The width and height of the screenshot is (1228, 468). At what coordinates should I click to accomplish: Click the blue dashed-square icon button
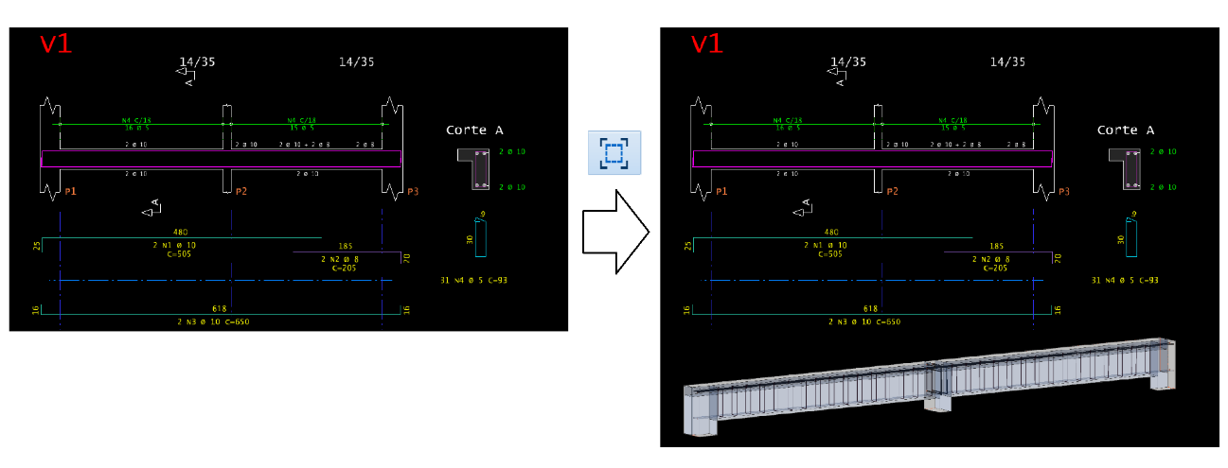tap(614, 152)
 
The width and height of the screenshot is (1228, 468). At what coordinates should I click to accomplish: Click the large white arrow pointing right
tap(615, 232)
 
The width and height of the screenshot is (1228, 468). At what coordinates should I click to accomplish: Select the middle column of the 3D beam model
tap(936, 389)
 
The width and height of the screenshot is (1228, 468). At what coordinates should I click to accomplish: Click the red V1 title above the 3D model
tap(713, 43)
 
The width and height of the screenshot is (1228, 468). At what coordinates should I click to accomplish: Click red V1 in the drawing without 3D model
tap(56, 44)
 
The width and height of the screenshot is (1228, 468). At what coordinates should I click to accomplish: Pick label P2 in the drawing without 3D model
tap(241, 192)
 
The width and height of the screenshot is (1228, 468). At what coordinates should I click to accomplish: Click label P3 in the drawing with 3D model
tap(1064, 192)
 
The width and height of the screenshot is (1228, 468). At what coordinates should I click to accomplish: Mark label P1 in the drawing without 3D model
tap(70, 192)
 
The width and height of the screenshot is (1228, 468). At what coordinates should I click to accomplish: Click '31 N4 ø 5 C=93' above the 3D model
tap(1125, 281)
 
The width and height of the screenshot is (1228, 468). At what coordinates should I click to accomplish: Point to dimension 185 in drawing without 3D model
tap(347, 247)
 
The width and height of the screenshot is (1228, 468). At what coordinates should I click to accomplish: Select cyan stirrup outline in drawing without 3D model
tap(480, 234)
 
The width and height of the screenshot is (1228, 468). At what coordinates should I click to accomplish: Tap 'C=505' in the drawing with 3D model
tap(831, 254)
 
